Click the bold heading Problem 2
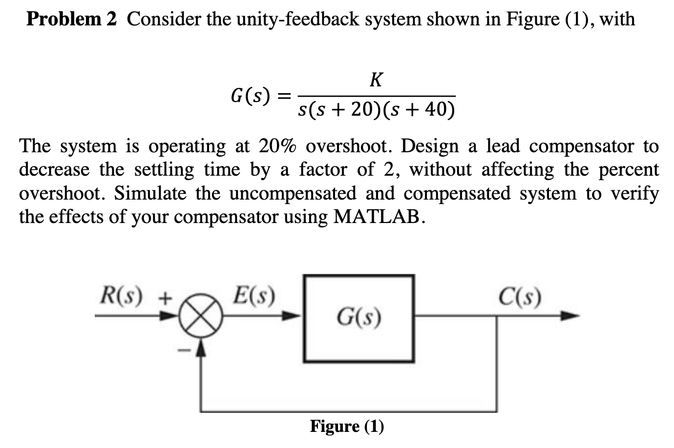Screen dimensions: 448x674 pos(71,19)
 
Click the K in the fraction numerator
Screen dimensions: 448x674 pos(376,79)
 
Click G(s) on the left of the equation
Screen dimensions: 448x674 pos(251,96)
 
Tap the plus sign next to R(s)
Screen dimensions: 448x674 pos(166,297)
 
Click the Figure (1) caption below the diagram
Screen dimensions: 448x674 pos(347,426)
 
